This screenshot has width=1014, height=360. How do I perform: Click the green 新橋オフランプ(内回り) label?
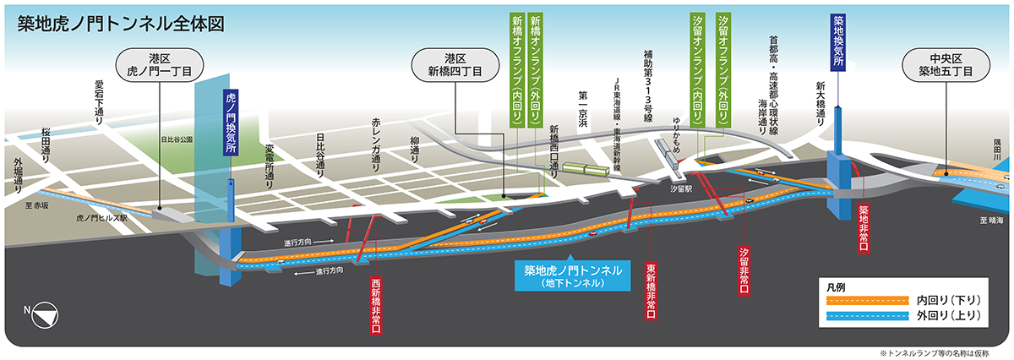coord(516,73)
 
